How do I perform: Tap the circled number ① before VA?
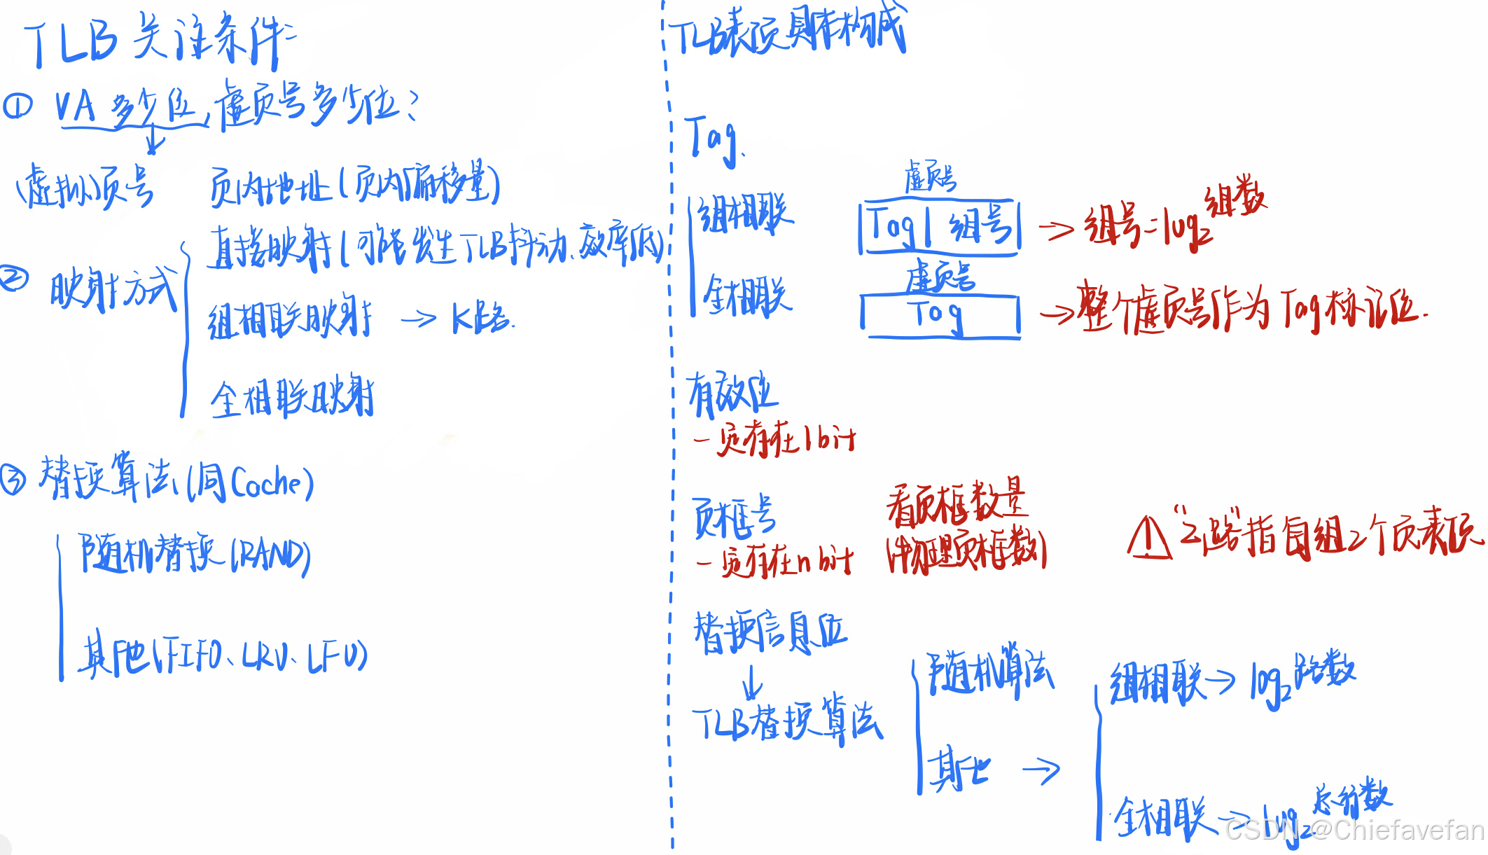pos(18,106)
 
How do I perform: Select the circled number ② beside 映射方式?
pos(13,279)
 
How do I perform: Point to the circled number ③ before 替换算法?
pos(13,480)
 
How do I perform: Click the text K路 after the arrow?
pos(482,319)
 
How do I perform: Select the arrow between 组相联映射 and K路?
pos(419,320)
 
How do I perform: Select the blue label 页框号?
pos(734,518)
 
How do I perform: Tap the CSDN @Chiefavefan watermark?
pos(1355,830)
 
